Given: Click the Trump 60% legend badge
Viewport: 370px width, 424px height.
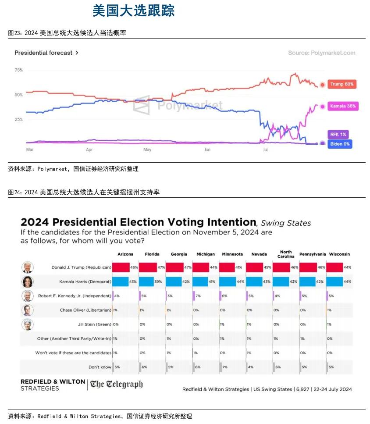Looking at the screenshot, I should pyautogui.click(x=342, y=84).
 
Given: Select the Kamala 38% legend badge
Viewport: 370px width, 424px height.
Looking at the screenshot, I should pyautogui.click(x=344, y=106).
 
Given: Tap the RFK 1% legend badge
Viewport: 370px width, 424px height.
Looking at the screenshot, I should pyautogui.click(x=338, y=134).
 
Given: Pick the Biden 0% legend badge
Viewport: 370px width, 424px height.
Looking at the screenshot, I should pyautogui.click(x=340, y=143).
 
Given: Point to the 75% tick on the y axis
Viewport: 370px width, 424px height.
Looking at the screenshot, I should pyautogui.click(x=18, y=70).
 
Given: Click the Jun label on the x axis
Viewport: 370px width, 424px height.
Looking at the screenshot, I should pyautogui.click(x=207, y=150).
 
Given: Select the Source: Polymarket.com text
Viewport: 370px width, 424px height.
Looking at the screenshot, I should pyautogui.click(x=321, y=53).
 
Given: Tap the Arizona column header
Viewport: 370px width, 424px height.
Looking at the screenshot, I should pyautogui.click(x=125, y=254).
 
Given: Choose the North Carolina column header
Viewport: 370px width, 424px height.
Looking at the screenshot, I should pyautogui.click(x=285, y=254).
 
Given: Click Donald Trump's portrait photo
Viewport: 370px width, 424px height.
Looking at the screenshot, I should pyautogui.click(x=28, y=267).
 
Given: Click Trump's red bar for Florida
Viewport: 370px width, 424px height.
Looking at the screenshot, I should pyautogui.click(x=148, y=267).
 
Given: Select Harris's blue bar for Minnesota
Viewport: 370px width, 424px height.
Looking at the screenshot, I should pyautogui.click(x=227, y=281).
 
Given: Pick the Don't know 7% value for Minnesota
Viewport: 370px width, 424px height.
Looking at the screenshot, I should pyautogui.click(x=225, y=367).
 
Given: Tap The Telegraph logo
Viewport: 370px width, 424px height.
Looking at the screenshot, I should pyautogui.click(x=117, y=385).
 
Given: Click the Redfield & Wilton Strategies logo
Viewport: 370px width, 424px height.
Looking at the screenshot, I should pyautogui.click(x=53, y=385).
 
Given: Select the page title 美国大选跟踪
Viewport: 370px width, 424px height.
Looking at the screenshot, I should pyautogui.click(x=133, y=10).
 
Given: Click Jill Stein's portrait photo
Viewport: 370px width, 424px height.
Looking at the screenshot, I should pyautogui.click(x=28, y=324).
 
